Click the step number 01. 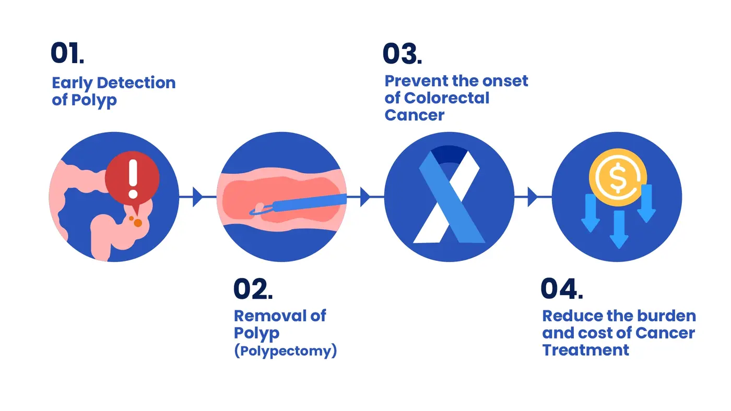tap(67, 53)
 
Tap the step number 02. tap(253, 288)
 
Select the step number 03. tap(402, 53)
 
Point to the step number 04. tap(562, 288)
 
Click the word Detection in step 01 tap(136, 83)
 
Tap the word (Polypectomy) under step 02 tap(286, 351)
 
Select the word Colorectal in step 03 tap(446, 98)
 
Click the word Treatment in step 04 tap(585, 350)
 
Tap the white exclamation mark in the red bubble tap(133, 178)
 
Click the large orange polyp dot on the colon tap(138, 223)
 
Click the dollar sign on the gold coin tap(617, 177)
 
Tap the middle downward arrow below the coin tap(619, 229)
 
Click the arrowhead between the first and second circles tap(198, 197)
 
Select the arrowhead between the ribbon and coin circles tap(533, 197)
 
